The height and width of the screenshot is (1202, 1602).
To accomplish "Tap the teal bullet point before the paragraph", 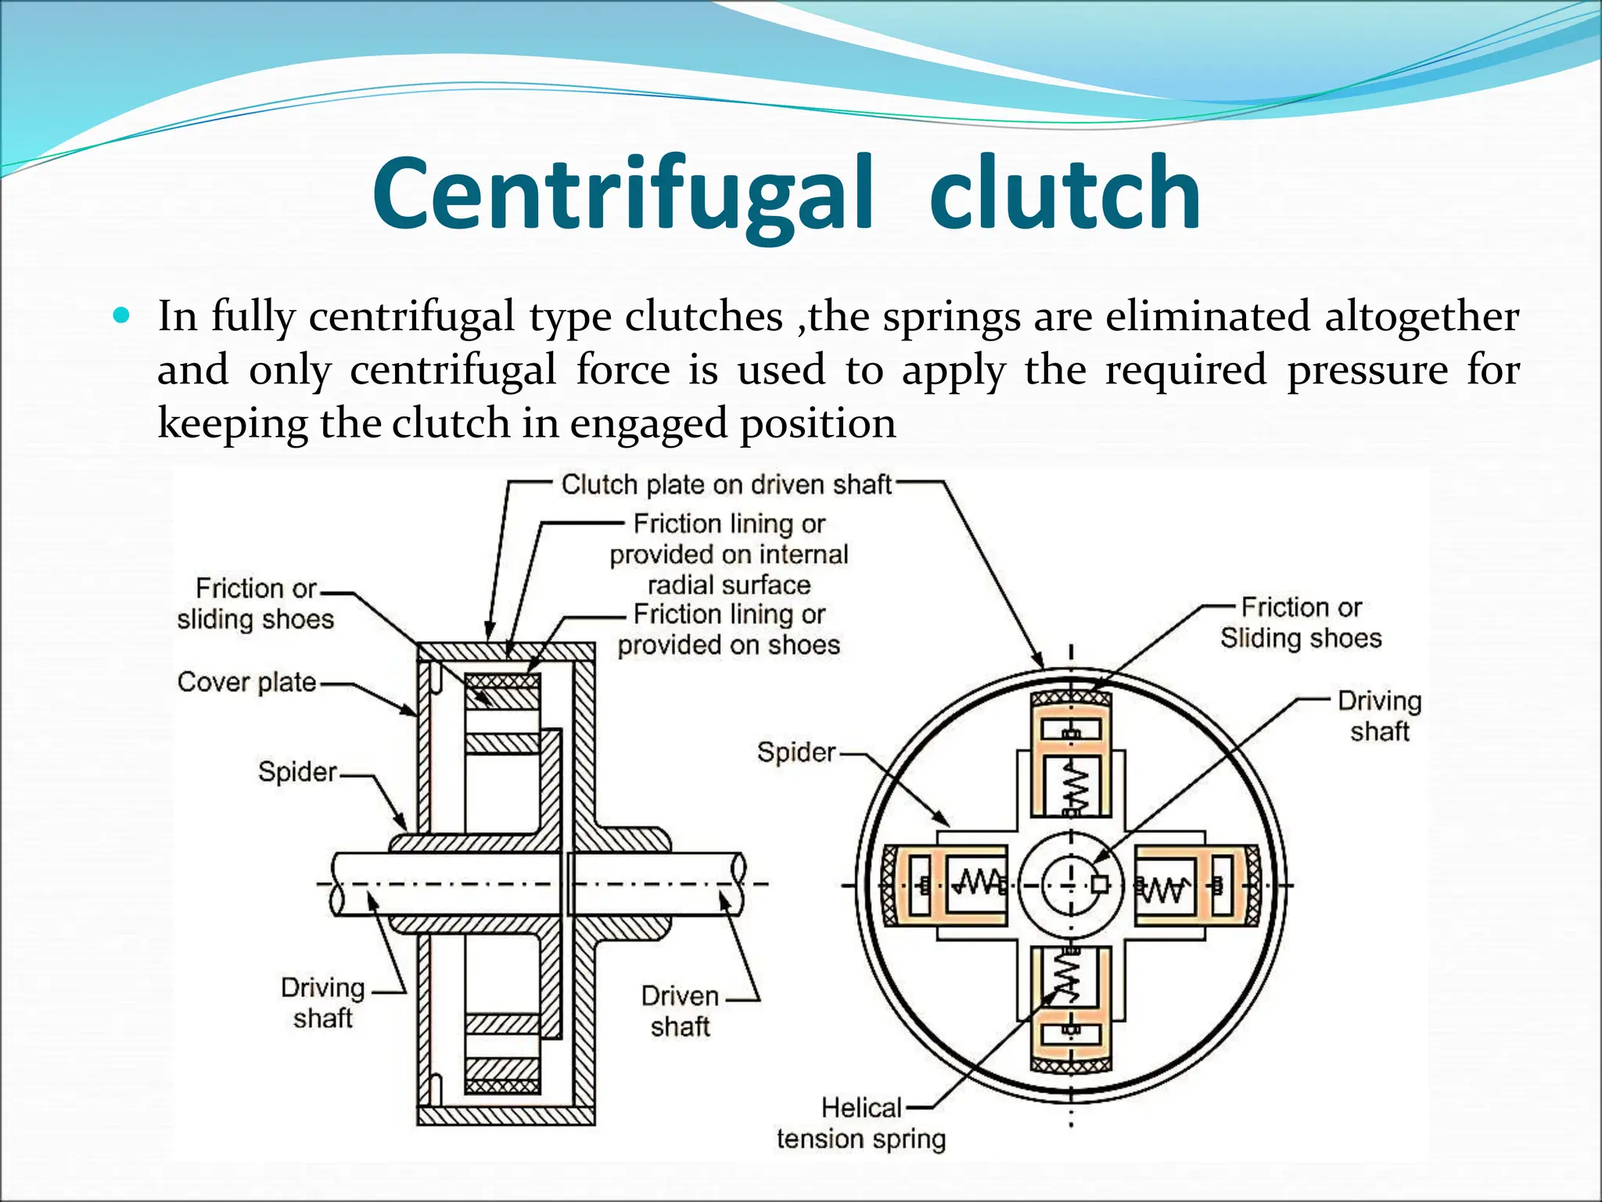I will [121, 316].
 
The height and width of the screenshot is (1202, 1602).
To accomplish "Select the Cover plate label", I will [246, 682].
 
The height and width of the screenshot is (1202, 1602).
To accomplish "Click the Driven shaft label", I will [680, 1010].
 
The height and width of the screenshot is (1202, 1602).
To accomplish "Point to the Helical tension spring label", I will [860, 1124].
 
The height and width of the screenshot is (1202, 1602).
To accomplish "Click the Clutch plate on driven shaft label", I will [726, 485].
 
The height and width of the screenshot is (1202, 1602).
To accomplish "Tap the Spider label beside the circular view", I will [796, 753].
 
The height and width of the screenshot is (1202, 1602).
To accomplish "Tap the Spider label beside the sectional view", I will [297, 772].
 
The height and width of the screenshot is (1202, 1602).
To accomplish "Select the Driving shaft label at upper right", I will [1379, 716].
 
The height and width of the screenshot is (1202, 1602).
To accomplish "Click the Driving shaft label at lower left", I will [322, 1002].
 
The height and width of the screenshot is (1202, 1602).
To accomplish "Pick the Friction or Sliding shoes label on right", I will [1301, 623].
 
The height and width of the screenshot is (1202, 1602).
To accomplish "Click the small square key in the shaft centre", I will [1100, 884].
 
